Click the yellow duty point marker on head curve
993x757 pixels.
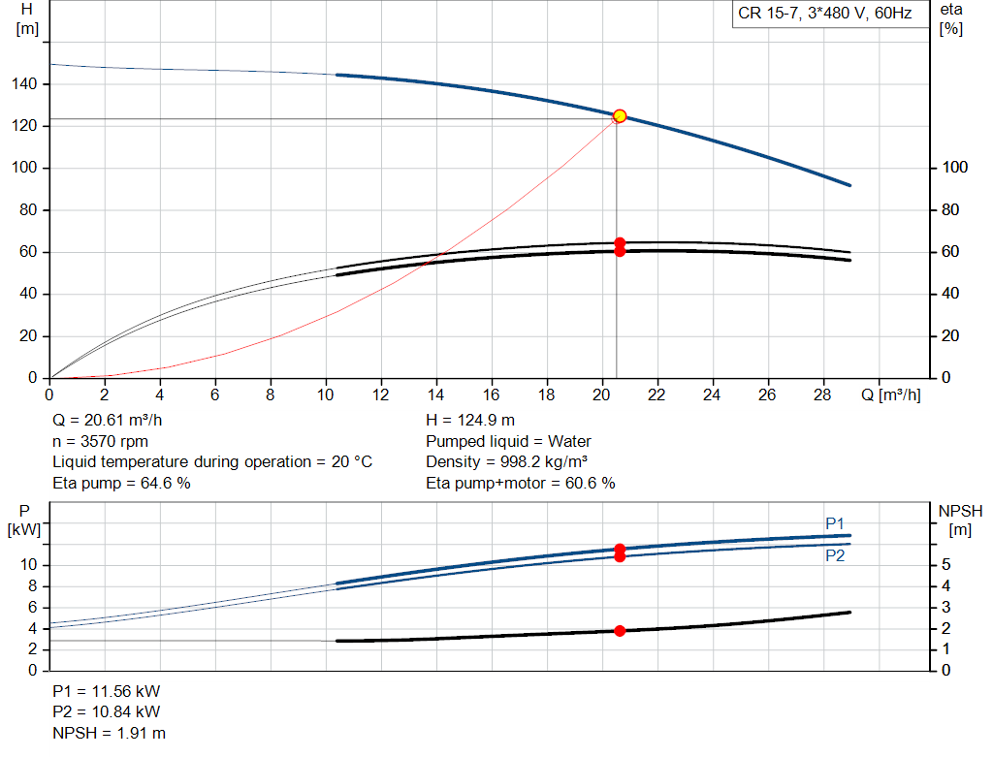pyautogui.click(x=620, y=116)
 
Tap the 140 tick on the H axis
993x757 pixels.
pyautogui.click(x=26, y=84)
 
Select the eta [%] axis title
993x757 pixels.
pyautogui.click(x=950, y=18)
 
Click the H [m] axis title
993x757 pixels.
pyautogui.click(x=27, y=18)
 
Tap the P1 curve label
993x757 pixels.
pyautogui.click(x=835, y=523)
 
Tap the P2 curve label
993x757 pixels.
pyautogui.click(x=835, y=556)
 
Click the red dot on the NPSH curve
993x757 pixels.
pyautogui.click(x=620, y=631)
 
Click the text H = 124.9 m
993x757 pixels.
pyautogui.click(x=470, y=421)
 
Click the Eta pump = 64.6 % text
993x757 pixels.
pyautogui.click(x=121, y=483)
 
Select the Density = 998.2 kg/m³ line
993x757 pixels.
pyautogui.click(x=507, y=462)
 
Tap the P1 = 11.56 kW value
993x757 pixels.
pyautogui.click(x=107, y=692)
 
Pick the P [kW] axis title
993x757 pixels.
pyautogui.click(x=26, y=520)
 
